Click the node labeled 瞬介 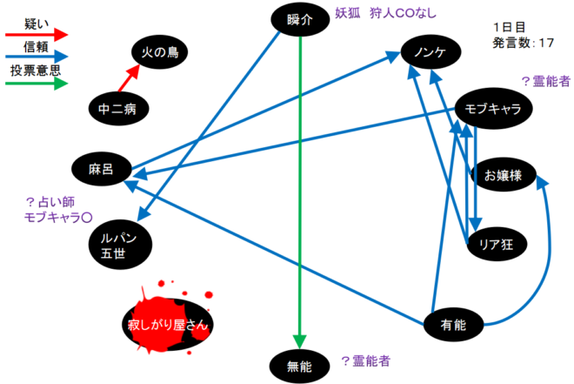[x=299, y=19]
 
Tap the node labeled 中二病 [x=118, y=109]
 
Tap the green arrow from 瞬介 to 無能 [x=299, y=192]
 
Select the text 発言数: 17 [x=524, y=41]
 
